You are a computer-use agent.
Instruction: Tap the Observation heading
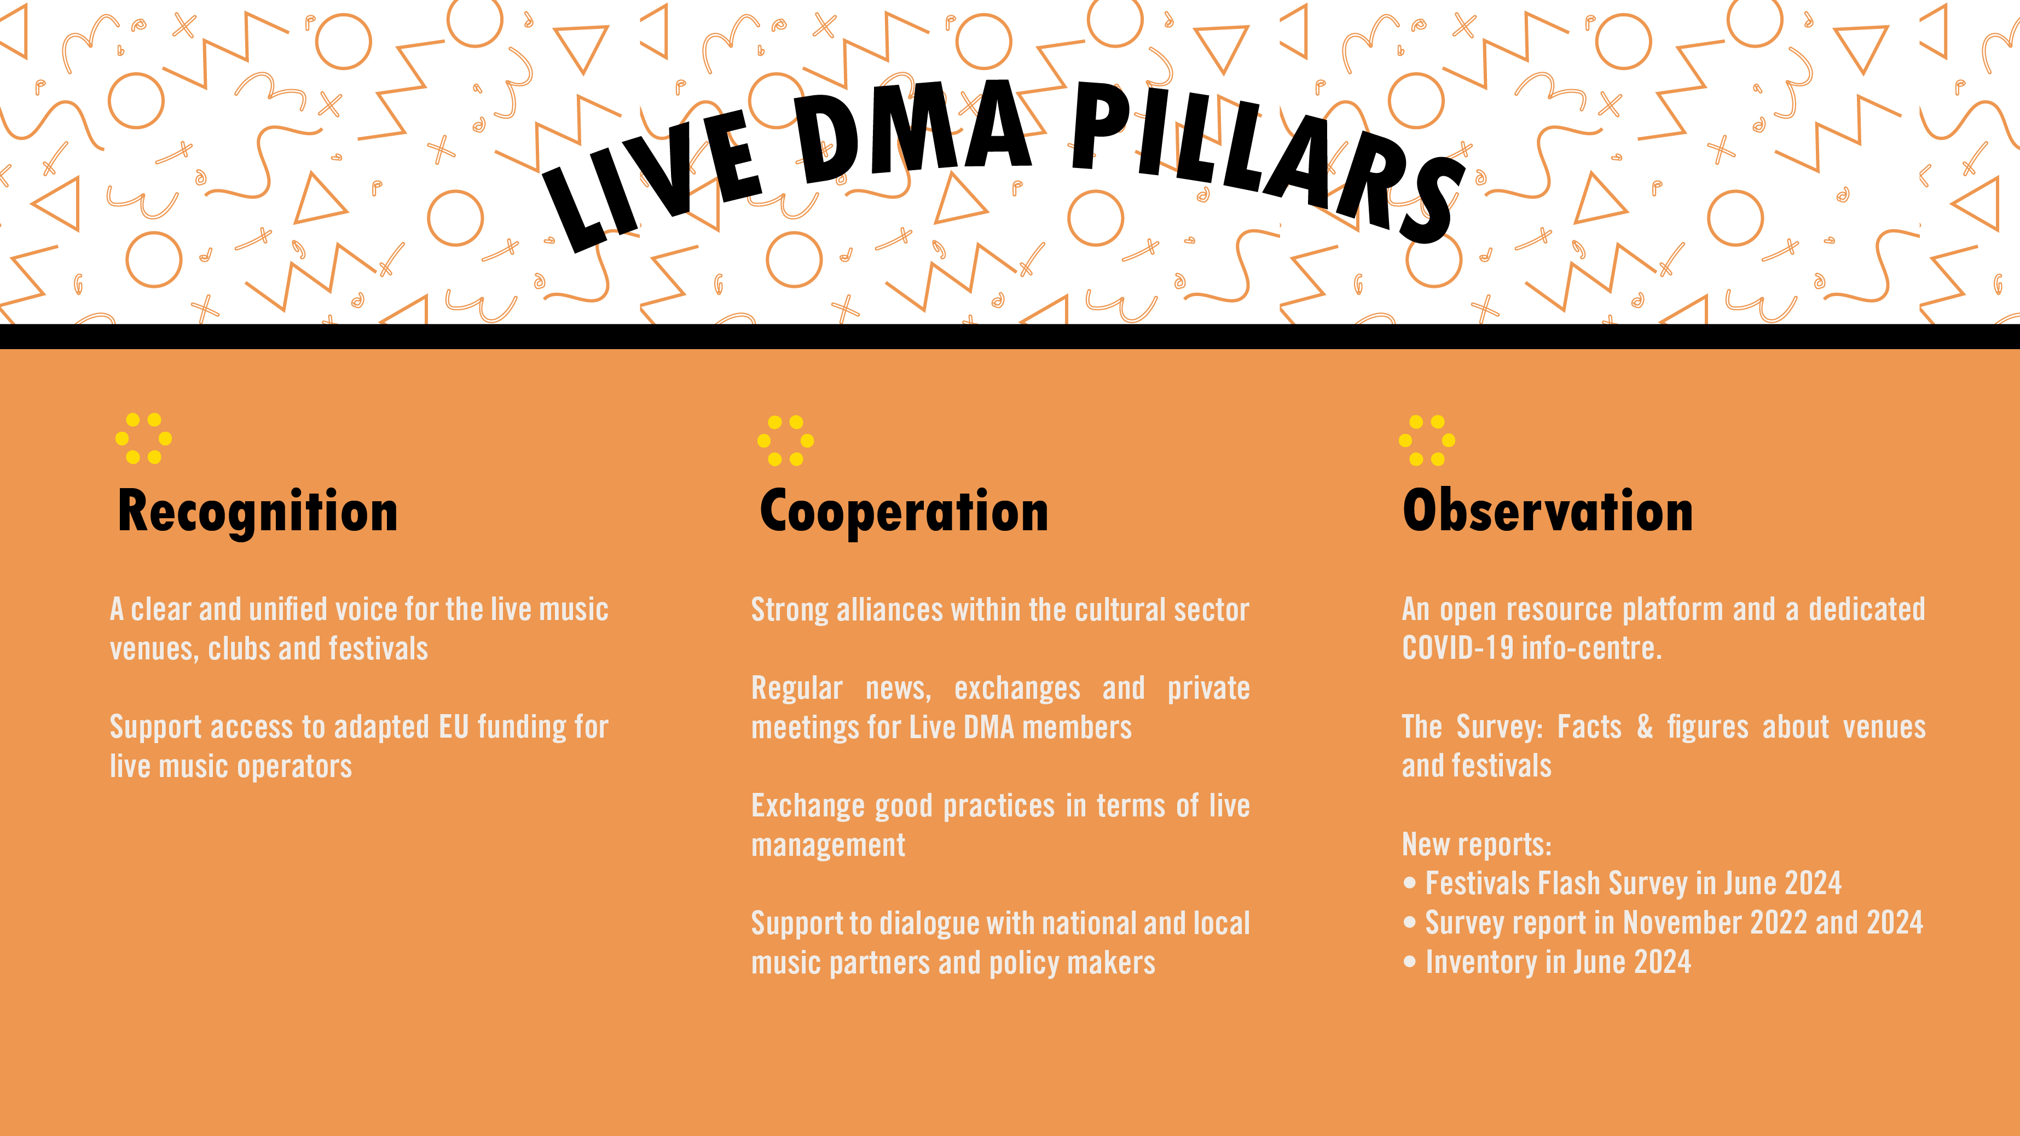click(x=1548, y=511)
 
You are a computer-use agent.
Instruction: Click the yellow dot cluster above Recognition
click(x=143, y=438)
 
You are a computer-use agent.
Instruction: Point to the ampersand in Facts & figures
click(x=1645, y=727)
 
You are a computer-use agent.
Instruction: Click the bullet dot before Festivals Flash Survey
click(x=1410, y=883)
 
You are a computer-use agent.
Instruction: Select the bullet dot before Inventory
click(x=1410, y=961)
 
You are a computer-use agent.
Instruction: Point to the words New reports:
click(x=1477, y=845)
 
